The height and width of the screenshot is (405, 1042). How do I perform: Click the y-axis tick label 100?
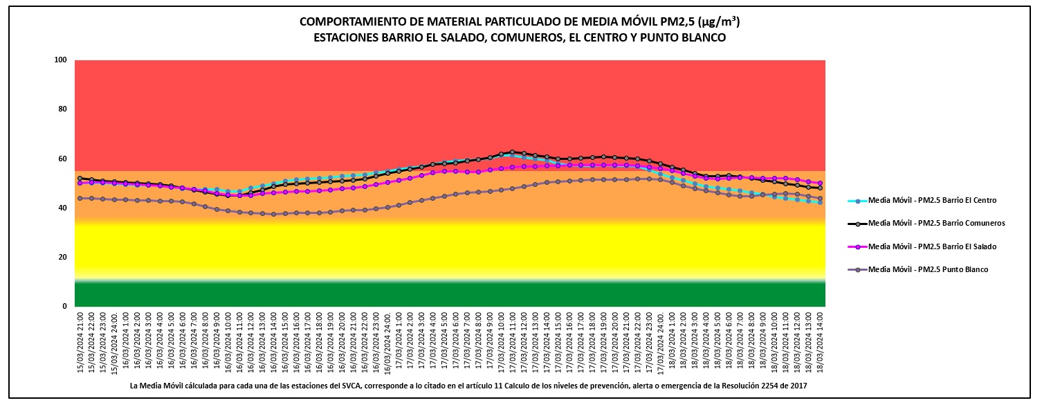click(60, 60)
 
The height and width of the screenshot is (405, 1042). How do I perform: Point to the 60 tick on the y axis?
click(62, 159)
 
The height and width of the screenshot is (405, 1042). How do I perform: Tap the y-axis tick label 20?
click(62, 257)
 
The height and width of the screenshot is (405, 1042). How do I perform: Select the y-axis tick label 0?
click(64, 306)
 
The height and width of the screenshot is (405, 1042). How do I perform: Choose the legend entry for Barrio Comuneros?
click(935, 223)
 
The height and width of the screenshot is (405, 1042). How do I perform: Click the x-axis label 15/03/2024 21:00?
click(80, 343)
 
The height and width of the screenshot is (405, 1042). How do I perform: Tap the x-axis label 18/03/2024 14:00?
click(820, 343)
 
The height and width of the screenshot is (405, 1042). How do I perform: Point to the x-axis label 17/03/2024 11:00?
click(513, 343)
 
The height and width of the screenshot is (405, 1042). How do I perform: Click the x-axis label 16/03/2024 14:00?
click(273, 343)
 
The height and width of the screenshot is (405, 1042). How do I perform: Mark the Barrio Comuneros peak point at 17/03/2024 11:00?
click(512, 152)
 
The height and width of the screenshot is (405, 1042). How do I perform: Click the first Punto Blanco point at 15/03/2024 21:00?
click(80, 198)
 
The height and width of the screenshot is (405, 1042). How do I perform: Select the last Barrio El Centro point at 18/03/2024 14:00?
click(820, 202)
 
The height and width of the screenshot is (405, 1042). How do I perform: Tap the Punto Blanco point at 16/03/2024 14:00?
click(273, 214)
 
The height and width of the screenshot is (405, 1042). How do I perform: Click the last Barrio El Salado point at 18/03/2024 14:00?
click(820, 183)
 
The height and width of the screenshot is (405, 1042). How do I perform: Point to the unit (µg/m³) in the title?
click(720, 21)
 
